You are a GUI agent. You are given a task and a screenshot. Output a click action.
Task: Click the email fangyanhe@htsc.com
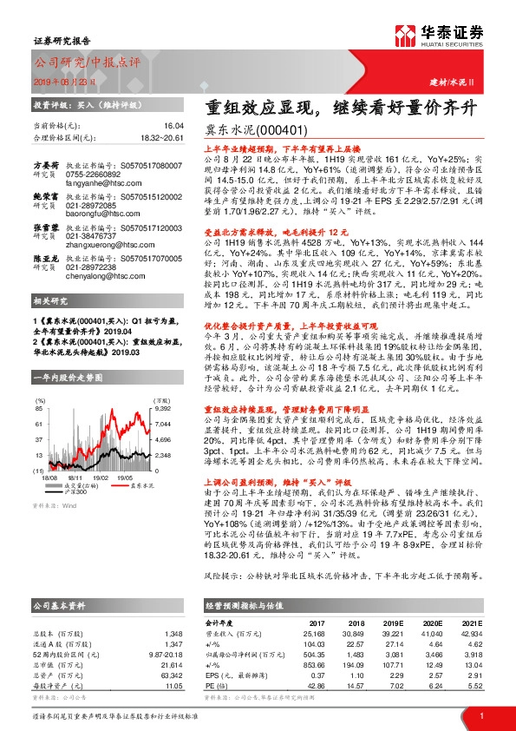[x=95, y=183]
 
